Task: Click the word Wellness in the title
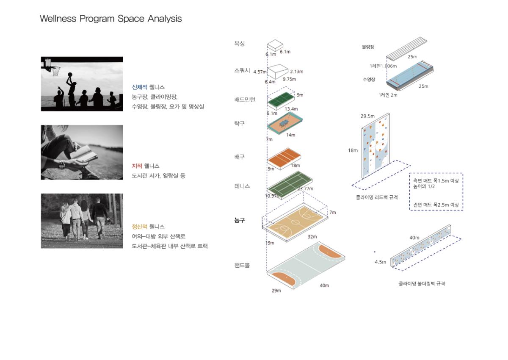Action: click(58, 19)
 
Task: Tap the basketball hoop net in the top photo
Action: click(56, 71)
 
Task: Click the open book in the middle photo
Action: click(83, 155)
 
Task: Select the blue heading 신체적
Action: click(139, 87)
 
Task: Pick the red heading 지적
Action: click(137, 166)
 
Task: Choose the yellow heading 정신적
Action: click(139, 227)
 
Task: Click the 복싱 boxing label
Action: click(240, 43)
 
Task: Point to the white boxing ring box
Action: click(275, 45)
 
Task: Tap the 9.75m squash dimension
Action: click(290, 79)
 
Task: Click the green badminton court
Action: click(281, 100)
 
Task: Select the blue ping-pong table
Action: click(284, 123)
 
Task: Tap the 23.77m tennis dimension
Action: click(305, 188)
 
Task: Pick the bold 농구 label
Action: click(240, 220)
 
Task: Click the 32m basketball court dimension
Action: click(312, 237)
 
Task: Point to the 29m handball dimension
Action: click(276, 291)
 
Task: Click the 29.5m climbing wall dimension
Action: click(367, 116)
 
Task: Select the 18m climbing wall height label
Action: click(353, 150)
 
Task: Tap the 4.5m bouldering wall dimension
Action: click(380, 262)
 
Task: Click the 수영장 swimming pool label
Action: click(369, 79)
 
